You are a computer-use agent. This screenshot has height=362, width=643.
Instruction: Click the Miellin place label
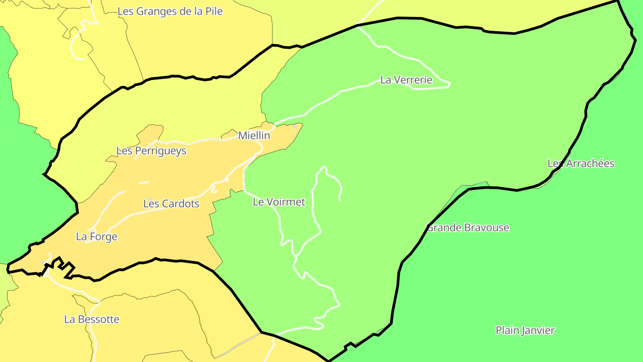[x=254, y=135]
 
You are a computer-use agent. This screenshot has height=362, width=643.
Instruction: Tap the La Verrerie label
[x=406, y=80]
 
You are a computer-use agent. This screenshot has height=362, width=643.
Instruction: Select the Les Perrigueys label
[x=151, y=151]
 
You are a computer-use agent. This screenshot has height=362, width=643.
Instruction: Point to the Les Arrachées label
[x=581, y=164]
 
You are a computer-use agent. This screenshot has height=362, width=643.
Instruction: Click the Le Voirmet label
[x=279, y=202]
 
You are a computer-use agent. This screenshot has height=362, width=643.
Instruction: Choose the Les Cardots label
[x=171, y=204]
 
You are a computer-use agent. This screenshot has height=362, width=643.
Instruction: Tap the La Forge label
[x=96, y=237]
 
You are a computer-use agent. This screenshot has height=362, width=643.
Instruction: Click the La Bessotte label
[x=92, y=320]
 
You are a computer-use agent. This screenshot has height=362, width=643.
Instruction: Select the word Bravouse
[x=486, y=228]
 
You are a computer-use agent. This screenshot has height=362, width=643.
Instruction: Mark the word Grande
[x=445, y=228]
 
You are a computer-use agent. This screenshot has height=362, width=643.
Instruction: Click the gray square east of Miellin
[x=294, y=126]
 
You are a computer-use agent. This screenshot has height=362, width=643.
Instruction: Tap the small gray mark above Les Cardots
[x=150, y=199]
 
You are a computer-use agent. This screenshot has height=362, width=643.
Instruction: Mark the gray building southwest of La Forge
[x=44, y=263]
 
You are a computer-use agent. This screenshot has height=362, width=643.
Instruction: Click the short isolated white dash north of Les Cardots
[x=143, y=182]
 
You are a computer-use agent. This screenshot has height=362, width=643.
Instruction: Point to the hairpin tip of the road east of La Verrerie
[x=449, y=84]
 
